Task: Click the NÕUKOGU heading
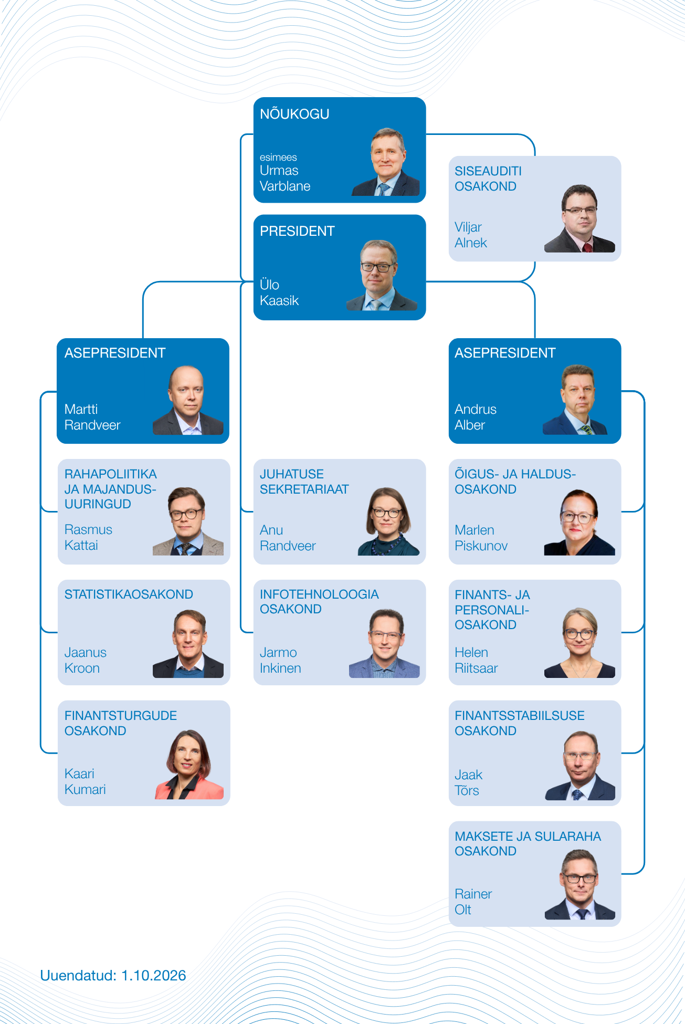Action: click(294, 113)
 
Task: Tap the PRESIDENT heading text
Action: click(297, 231)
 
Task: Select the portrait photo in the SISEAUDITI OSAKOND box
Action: click(579, 218)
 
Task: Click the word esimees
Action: click(278, 157)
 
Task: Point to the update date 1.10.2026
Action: click(154, 975)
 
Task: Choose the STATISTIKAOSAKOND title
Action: click(129, 594)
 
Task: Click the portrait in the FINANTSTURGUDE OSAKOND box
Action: click(189, 764)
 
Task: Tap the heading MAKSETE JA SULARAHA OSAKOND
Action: click(528, 843)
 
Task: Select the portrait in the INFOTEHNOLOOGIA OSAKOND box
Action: click(384, 643)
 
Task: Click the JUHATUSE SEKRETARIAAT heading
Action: click(304, 482)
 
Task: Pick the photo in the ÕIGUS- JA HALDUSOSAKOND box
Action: click(579, 522)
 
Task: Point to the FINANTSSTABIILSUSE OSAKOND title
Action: click(519, 723)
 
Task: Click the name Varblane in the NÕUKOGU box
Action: click(285, 186)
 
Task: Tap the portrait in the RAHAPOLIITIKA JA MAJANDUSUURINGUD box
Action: click(188, 521)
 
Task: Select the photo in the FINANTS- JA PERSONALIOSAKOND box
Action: click(579, 643)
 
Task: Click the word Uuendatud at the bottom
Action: click(78, 975)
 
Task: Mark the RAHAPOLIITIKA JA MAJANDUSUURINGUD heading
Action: click(110, 489)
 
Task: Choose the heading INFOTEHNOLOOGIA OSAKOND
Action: click(319, 601)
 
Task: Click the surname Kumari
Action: click(85, 789)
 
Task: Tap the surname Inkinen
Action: click(280, 668)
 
